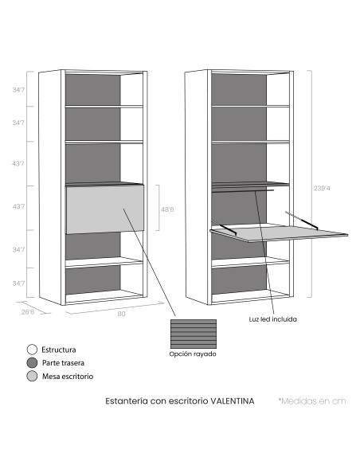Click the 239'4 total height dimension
tap(322, 189)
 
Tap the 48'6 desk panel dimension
tap(167, 209)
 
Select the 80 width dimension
tap(121, 314)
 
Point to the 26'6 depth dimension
tap(28, 312)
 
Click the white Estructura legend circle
tap(32, 350)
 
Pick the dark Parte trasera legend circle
tap(32, 363)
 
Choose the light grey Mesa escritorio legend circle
tap(32, 376)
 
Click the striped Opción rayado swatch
tap(194, 334)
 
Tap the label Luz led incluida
tap(273, 319)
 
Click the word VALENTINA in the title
tap(233, 401)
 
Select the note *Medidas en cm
tap(312, 401)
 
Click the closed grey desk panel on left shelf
tap(105, 209)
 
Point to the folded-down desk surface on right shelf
tap(279, 233)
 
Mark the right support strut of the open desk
tap(302, 221)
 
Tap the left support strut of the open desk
tap(225, 229)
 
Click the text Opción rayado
tap(193, 354)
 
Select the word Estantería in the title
tap(127, 401)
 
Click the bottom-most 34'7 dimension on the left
tap(18, 283)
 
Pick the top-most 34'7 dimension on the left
tap(18, 89)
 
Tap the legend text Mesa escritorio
tap(68, 377)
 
